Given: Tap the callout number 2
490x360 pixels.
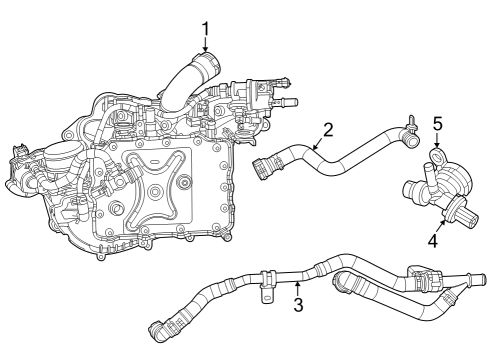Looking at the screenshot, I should pyautogui.click(x=327, y=128).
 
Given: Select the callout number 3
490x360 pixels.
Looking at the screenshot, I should pyautogui.click(x=297, y=303).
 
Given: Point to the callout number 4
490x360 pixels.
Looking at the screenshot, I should pyautogui.click(x=434, y=241).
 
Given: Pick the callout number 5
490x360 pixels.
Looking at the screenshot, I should pyautogui.click(x=437, y=124).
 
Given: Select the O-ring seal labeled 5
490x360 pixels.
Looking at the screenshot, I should pyautogui.click(x=440, y=158).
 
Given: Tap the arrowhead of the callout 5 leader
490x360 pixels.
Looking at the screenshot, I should pyautogui.click(x=438, y=148).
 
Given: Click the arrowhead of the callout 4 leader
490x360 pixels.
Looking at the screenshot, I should pyautogui.click(x=443, y=219).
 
